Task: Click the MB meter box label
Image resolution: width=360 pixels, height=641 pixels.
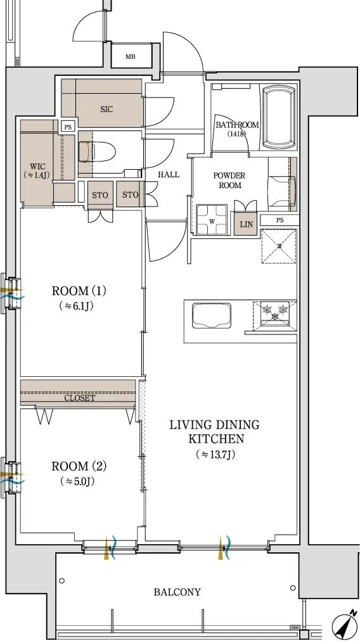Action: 131,57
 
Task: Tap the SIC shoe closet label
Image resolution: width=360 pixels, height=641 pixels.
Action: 106,109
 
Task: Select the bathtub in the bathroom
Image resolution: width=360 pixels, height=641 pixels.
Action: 278,117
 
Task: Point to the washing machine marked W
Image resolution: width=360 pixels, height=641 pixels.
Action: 212,220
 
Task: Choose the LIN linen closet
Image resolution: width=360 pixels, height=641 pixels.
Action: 246,224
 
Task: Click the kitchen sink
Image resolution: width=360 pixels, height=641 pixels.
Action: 212,315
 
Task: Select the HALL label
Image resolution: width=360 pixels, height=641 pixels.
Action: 169,175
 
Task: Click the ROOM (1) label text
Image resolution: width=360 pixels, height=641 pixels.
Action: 79,291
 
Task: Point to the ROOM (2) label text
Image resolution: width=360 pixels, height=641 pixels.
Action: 79,466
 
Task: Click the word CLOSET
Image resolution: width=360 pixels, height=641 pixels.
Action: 79,398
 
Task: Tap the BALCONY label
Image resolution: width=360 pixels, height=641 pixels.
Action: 177,592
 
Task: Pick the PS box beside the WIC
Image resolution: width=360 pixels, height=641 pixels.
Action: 68,127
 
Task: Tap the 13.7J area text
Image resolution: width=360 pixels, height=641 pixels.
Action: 215,454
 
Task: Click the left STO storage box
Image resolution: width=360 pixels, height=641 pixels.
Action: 100,195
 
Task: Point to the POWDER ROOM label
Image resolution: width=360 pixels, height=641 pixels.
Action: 229,181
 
